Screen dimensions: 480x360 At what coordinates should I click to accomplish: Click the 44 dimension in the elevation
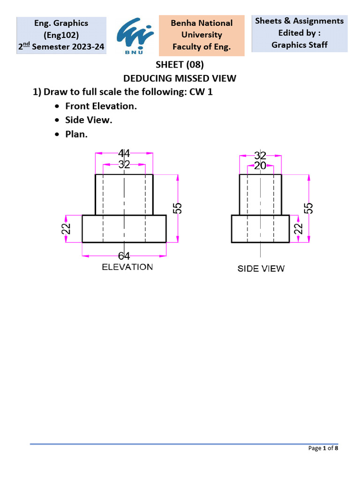pyautogui.click(x=124, y=153)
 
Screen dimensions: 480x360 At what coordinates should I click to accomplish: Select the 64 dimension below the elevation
pyautogui.click(x=124, y=255)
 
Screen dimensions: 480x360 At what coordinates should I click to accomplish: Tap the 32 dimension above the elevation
pyautogui.click(x=124, y=165)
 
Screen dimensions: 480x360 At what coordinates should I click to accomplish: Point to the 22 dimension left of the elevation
pyautogui.click(x=67, y=228)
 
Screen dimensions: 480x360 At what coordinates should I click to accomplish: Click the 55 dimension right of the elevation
pyautogui.click(x=178, y=209)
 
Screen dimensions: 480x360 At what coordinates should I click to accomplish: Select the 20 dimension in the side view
pyautogui.click(x=260, y=165)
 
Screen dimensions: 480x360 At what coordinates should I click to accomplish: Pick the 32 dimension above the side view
pyautogui.click(x=260, y=156)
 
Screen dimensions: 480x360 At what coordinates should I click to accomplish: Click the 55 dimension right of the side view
pyautogui.click(x=309, y=209)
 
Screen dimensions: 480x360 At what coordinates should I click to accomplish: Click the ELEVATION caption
pyautogui.click(x=127, y=267)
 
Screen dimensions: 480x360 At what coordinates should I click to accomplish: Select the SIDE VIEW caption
pyautogui.click(x=261, y=269)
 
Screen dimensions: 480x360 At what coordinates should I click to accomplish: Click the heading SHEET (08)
pyautogui.click(x=180, y=65)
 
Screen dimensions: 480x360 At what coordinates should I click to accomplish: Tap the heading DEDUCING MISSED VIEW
pyautogui.click(x=180, y=78)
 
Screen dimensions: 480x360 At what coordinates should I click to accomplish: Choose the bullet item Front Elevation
pyautogui.click(x=101, y=106)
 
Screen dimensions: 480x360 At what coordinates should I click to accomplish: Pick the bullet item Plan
pyautogui.click(x=76, y=134)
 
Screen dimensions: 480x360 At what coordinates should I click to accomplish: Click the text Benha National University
pyautogui.click(x=202, y=29)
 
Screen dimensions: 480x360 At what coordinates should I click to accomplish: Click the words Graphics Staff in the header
pyautogui.click(x=300, y=45)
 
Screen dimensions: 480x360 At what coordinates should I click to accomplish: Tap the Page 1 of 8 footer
pyautogui.click(x=323, y=448)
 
